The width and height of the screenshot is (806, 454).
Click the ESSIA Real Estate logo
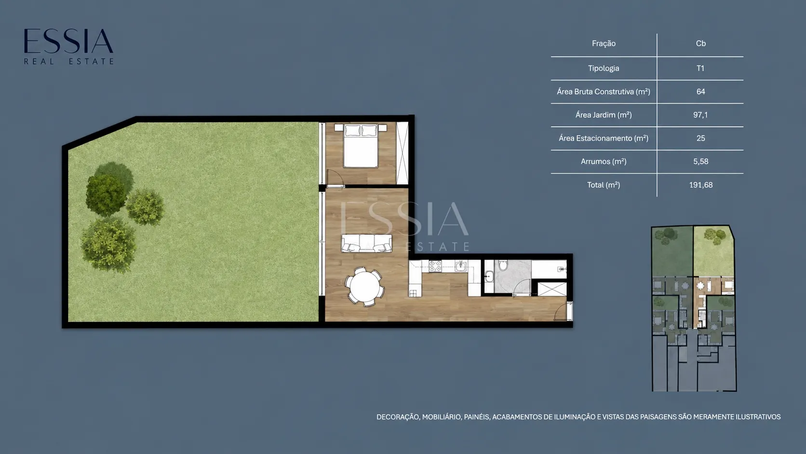tap(68, 46)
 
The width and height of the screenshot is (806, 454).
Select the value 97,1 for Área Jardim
tap(700, 115)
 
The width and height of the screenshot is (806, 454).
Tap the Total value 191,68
tap(700, 185)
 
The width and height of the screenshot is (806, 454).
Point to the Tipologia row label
tap(604, 68)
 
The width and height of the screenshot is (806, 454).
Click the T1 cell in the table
tap(700, 68)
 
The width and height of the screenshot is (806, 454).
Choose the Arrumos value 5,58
tap(700, 161)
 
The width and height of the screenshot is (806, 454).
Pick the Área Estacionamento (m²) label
tap(604, 138)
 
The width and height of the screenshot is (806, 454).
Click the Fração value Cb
tap(700, 43)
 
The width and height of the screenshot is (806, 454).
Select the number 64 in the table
tap(700, 92)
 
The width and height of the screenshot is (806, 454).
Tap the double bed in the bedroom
tap(361, 146)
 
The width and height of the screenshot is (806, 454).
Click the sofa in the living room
tap(367, 243)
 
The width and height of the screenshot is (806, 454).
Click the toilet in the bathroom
tap(503, 265)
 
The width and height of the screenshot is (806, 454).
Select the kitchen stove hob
tap(435, 266)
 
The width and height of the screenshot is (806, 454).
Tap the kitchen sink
tap(461, 266)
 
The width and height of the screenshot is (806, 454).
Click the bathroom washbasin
tap(489, 277)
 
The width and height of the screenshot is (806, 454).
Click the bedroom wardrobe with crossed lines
tap(403, 153)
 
